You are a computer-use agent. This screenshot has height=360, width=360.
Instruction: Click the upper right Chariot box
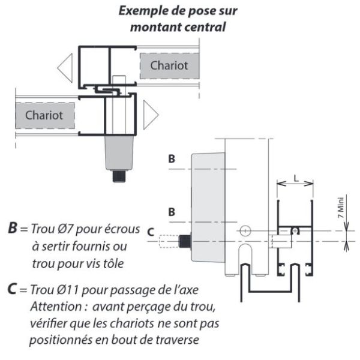(x=169, y=66)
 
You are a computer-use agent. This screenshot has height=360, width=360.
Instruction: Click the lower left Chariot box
(x=45, y=115)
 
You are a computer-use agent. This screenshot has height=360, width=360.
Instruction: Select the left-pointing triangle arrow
(x=65, y=68)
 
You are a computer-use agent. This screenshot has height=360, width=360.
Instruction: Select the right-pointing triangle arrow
(x=151, y=115)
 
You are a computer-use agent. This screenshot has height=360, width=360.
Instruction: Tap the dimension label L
(x=296, y=178)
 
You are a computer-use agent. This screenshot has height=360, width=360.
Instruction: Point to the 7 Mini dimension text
(x=341, y=208)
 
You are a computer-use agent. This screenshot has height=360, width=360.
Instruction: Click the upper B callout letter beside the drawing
(x=172, y=158)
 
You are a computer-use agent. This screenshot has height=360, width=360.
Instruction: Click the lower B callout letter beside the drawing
(x=172, y=212)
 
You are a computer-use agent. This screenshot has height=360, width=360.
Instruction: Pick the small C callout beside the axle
(x=151, y=232)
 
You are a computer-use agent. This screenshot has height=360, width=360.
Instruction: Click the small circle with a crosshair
(x=245, y=231)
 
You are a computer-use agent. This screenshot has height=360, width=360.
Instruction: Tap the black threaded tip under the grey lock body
(x=119, y=176)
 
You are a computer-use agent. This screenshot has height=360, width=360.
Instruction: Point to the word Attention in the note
(x=56, y=306)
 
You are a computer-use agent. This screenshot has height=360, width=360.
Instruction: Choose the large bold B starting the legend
(x=13, y=228)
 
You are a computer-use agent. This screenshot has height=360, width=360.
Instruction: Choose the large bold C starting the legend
(x=12, y=289)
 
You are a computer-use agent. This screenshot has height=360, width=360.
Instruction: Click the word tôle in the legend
(x=113, y=263)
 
